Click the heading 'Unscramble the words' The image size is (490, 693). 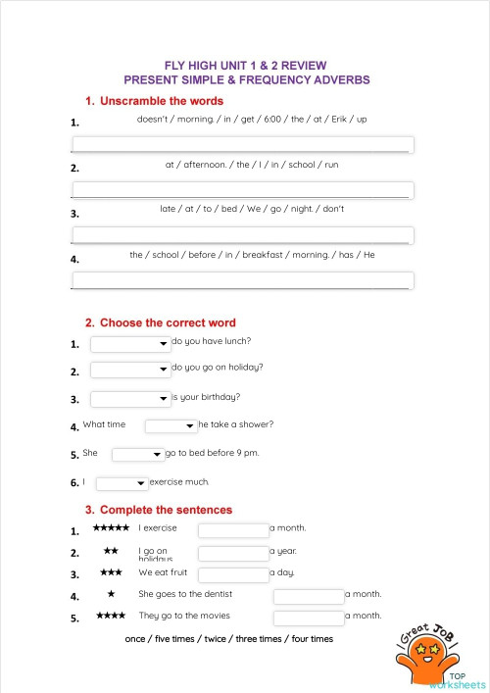point(161,101)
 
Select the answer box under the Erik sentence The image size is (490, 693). point(243,145)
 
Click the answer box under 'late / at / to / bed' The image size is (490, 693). point(243,235)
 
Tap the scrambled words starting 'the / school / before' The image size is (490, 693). point(252,255)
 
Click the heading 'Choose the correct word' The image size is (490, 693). point(167,322)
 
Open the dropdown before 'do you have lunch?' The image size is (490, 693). point(130,343)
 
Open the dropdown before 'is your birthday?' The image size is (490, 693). point(130,399)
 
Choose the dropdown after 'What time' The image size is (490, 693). point(171,426)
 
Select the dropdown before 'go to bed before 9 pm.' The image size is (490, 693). point(137,455)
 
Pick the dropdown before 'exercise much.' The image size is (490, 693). point(122,483)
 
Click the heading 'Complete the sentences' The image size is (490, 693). point(166,510)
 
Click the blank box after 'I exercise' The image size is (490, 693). point(233,530)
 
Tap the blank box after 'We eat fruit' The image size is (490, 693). point(233,574)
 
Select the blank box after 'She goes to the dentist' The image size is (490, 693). point(309,596)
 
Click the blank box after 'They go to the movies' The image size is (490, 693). point(309,618)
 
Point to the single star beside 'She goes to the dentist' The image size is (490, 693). point(111,594)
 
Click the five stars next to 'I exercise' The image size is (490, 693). point(111,528)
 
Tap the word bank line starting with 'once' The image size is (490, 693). point(229,639)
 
